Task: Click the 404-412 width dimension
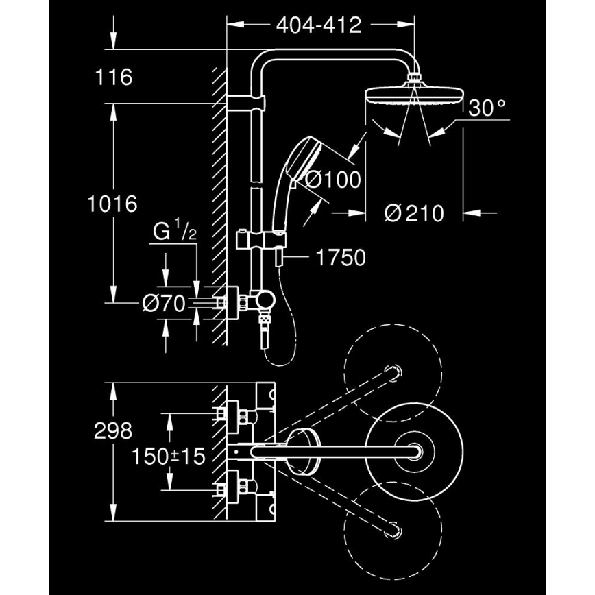318,25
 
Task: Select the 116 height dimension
114,77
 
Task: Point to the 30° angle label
487,107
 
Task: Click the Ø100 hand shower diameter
333,180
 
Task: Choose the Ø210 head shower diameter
414,213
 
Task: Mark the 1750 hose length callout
341,258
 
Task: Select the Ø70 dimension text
164,303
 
